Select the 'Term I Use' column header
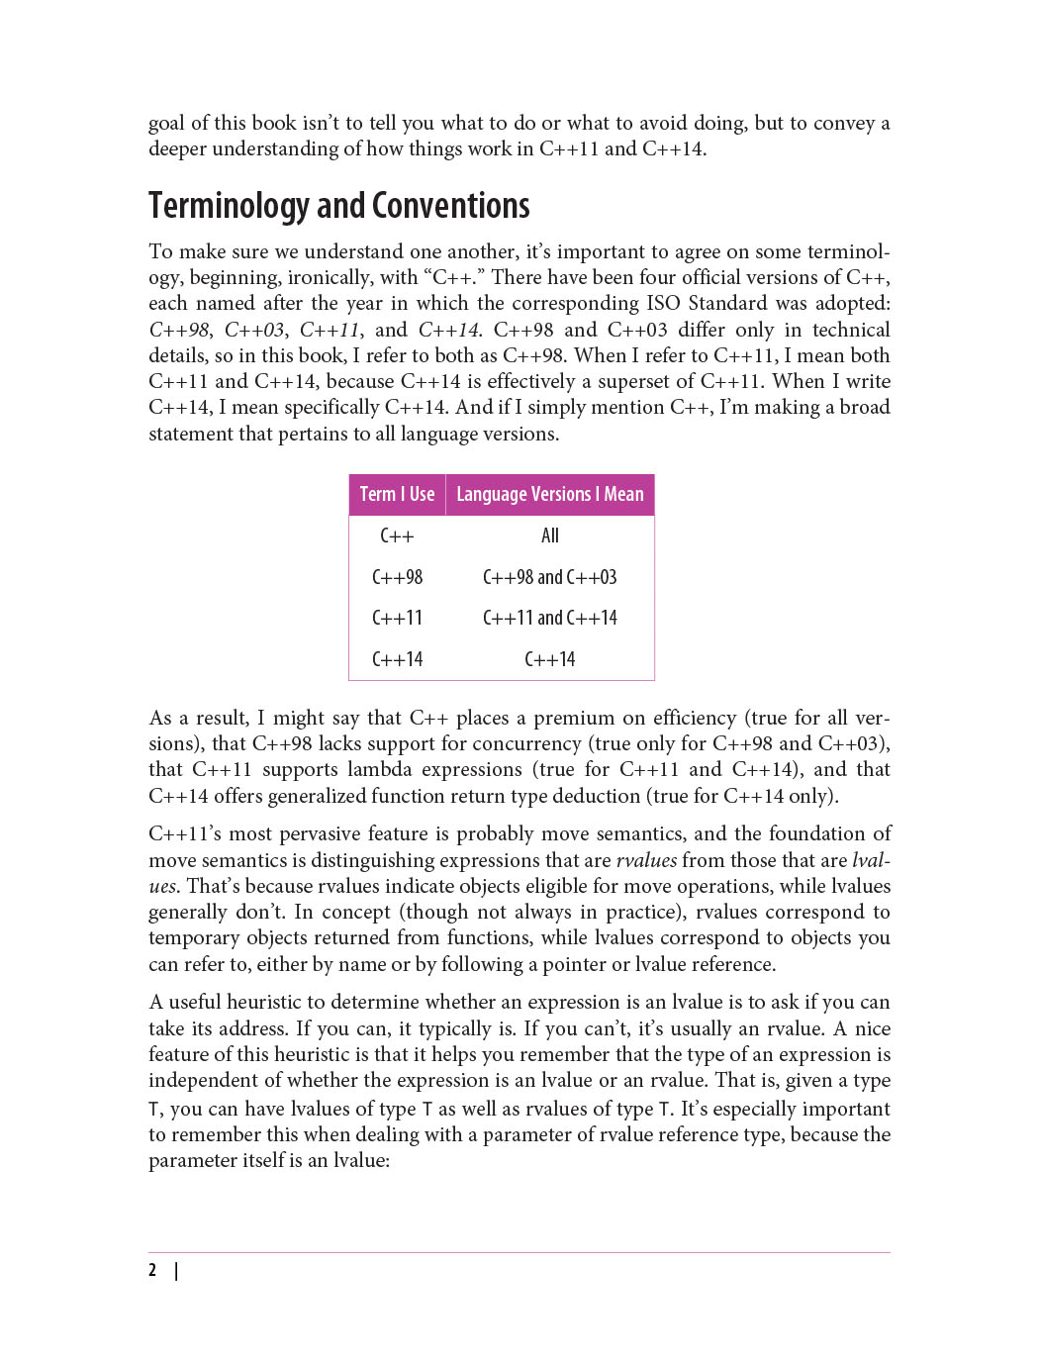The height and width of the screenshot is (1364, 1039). coord(397,494)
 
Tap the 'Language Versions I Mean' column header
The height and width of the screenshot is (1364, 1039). coord(549,494)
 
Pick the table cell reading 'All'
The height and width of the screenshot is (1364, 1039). coord(550,536)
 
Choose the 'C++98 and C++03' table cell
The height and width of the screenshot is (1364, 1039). coord(549,577)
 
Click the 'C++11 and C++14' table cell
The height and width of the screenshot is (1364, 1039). coord(549,618)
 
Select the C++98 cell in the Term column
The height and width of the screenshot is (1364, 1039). coord(397,577)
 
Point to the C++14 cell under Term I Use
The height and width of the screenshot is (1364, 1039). coord(397,659)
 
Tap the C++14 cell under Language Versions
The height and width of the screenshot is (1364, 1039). coord(549,659)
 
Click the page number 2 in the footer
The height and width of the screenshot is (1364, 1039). coord(152,1270)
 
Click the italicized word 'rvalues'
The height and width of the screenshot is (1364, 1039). coord(646,860)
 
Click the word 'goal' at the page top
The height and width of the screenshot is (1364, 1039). coord(166,124)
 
